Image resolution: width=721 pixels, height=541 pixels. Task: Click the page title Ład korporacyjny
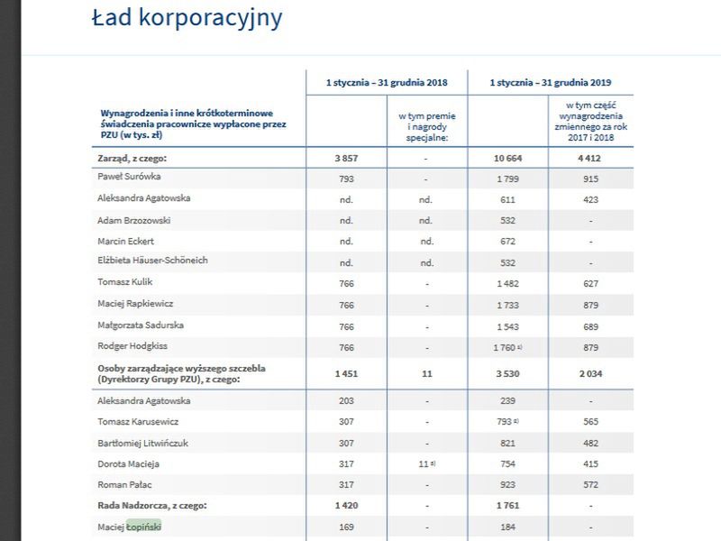[187, 17]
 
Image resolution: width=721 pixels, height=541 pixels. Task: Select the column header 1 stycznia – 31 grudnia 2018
[387, 82]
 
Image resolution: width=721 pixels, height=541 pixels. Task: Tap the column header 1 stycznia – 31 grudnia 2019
[550, 82]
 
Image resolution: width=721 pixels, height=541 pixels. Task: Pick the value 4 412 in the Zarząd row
[589, 158]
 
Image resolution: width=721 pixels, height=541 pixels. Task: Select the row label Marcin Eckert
[127, 241]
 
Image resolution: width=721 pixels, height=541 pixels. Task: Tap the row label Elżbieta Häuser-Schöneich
[152, 261]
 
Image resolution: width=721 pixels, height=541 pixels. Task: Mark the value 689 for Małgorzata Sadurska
[589, 325]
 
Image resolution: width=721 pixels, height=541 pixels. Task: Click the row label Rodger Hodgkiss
[133, 345]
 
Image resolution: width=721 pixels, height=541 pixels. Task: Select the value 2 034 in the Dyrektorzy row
[589, 373]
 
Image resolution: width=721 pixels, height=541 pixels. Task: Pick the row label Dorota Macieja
[129, 463]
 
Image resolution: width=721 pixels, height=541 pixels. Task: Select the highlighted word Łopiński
[144, 527]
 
